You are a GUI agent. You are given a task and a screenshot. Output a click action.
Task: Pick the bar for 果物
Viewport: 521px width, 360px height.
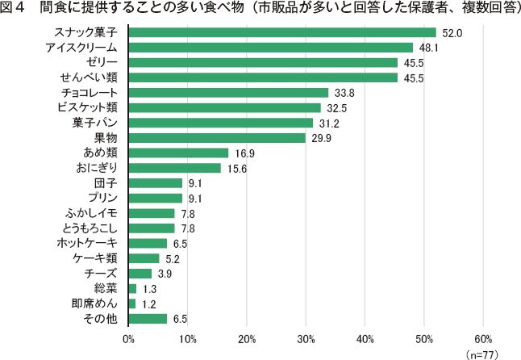click(x=217, y=137)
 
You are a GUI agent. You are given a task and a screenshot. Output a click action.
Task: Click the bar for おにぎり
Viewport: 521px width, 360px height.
click(x=174, y=168)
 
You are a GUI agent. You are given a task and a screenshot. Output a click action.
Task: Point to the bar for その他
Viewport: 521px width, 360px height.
click(x=148, y=318)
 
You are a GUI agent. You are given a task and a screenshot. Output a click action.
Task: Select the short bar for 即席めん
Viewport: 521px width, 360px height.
click(x=131, y=303)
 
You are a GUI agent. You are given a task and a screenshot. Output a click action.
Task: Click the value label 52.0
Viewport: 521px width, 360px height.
click(x=452, y=33)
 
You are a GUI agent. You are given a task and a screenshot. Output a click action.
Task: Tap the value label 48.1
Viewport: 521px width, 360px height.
click(x=429, y=48)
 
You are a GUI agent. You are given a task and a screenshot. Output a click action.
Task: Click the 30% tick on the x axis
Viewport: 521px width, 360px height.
click(x=306, y=337)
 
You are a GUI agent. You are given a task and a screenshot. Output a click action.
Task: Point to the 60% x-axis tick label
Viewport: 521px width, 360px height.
click(x=483, y=337)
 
